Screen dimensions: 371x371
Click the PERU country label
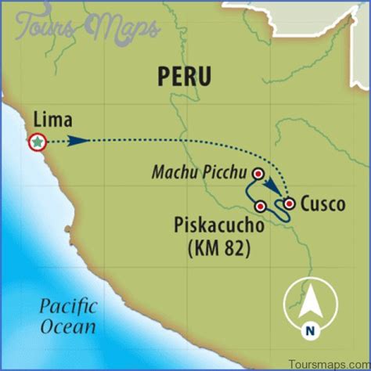point(184,76)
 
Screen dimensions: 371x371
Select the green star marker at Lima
point(37,142)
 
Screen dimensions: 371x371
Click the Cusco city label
point(322,204)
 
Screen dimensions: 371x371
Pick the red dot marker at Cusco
point(289,204)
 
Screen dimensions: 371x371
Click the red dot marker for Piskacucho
point(261,207)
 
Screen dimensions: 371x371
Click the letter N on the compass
point(310,331)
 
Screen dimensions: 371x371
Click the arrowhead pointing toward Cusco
point(272,189)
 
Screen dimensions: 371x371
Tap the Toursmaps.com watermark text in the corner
point(329,363)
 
